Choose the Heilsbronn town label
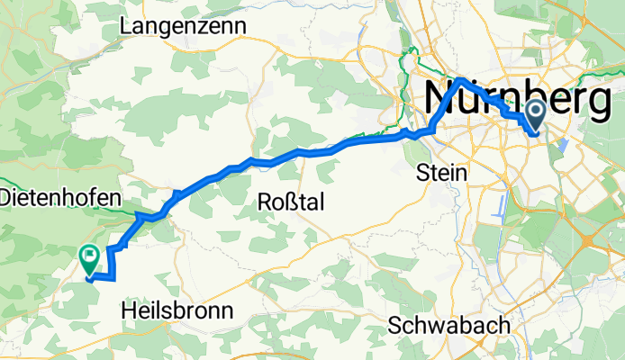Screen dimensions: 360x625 point(177,310)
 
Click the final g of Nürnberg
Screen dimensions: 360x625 point(601,101)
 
